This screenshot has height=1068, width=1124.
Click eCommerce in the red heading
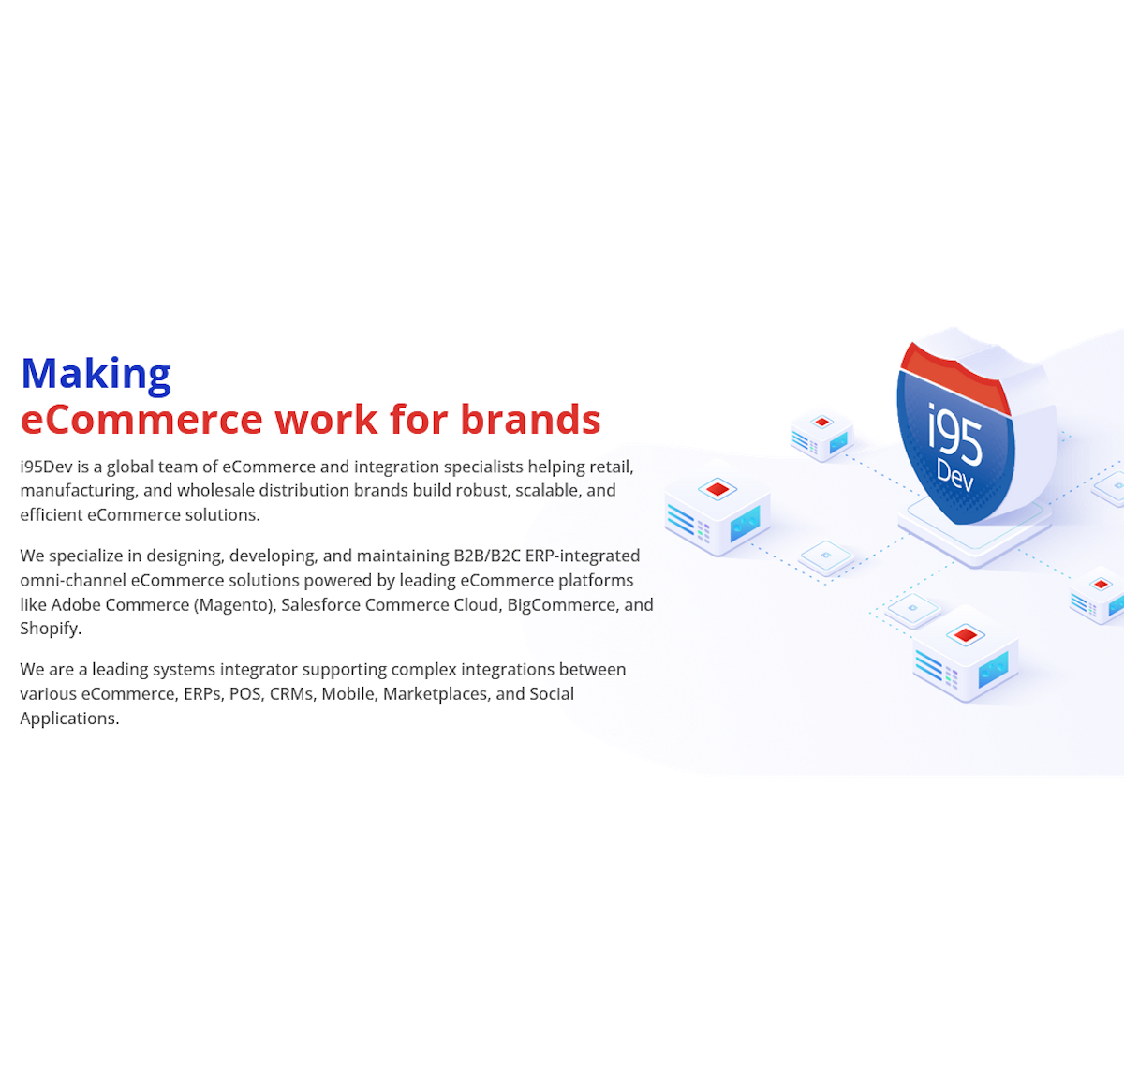click(141, 420)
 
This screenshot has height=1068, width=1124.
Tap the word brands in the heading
click(530, 419)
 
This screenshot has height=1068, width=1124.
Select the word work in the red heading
click(327, 420)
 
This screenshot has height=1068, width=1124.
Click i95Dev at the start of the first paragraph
click(46, 467)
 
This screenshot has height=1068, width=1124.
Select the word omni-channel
click(73, 580)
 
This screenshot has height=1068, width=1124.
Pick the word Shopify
click(51, 630)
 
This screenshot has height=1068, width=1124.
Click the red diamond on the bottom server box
click(965, 634)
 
